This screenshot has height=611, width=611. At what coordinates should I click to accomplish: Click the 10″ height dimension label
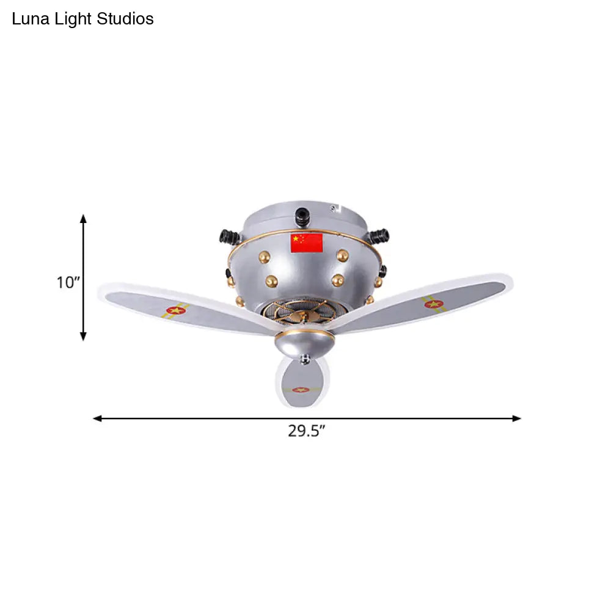[68, 282]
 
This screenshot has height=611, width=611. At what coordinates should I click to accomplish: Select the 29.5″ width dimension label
[307, 431]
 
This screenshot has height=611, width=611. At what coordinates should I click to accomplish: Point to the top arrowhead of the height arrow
[83, 218]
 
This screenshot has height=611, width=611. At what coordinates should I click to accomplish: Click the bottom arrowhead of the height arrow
[83, 337]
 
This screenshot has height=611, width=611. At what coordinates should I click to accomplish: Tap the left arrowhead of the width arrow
[97, 419]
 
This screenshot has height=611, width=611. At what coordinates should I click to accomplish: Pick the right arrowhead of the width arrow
[516, 419]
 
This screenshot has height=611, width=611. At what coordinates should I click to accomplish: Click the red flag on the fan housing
[307, 243]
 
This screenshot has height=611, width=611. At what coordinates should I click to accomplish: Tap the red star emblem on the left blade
[176, 310]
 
